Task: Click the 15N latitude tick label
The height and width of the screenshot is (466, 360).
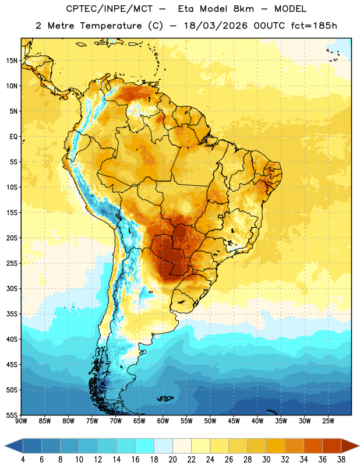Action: coord(12,61)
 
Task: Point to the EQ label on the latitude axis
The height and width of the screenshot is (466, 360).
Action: coord(13,137)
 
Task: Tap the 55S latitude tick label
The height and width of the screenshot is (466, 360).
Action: coord(12,415)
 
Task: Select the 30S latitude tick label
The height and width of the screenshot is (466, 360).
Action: coord(12,288)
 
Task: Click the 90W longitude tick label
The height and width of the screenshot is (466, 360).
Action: coord(21,421)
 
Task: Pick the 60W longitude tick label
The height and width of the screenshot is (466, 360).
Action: coord(163,421)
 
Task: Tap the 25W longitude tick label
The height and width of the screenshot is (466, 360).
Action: coord(328,421)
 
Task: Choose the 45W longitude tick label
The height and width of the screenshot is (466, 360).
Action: coord(234,421)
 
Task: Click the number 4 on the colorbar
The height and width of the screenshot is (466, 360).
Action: coord(23,460)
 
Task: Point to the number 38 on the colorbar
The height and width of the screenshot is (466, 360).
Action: coord(341,460)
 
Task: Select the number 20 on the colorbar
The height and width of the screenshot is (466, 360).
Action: coord(172,460)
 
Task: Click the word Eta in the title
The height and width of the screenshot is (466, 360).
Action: coord(186,9)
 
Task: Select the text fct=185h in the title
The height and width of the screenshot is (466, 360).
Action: coord(314,26)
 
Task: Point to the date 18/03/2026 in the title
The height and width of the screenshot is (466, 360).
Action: coord(216,26)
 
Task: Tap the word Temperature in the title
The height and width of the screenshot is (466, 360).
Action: coord(111,26)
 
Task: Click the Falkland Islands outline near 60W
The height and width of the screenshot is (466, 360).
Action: coord(165,398)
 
